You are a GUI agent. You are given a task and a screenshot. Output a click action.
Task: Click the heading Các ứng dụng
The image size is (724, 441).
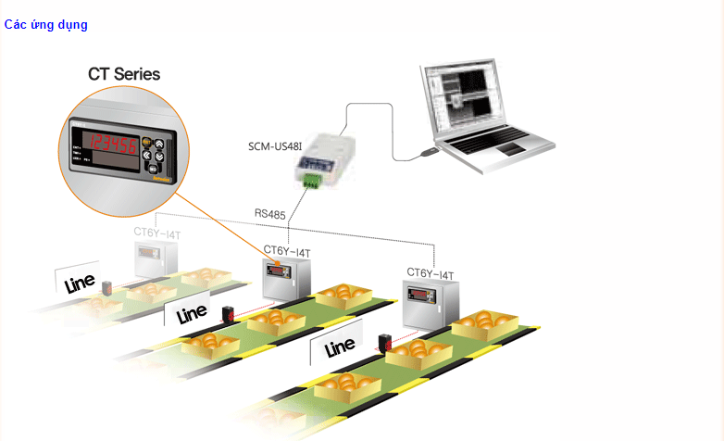point(45,25)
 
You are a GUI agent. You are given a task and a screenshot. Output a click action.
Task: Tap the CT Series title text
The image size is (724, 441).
point(124,74)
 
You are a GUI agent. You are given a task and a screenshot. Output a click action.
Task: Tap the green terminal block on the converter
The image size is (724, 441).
point(309,182)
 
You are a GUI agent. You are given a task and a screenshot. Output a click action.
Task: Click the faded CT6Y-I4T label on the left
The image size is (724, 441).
point(156,234)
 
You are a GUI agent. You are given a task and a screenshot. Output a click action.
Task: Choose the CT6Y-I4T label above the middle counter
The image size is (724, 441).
point(286,250)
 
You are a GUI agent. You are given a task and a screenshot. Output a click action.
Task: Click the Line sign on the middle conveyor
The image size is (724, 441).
point(192,313)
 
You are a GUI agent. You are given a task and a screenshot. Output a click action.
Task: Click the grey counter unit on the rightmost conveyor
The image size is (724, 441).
point(431,306)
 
